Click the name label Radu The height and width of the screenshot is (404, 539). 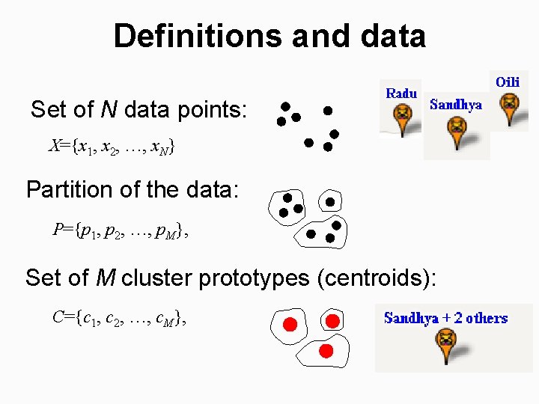click(x=401, y=94)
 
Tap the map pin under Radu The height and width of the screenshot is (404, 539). click(x=403, y=117)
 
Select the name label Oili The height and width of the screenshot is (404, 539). click(x=508, y=81)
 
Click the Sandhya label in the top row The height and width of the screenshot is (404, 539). click(x=456, y=105)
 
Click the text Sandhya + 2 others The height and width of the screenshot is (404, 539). click(x=445, y=318)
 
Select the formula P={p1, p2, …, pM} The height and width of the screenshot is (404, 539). click(x=120, y=230)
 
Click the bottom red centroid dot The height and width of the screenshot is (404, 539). click(x=326, y=350)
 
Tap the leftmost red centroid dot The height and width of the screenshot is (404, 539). click(x=290, y=324)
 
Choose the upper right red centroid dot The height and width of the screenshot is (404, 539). click(x=333, y=321)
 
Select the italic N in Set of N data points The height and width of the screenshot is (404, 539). click(x=109, y=111)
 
